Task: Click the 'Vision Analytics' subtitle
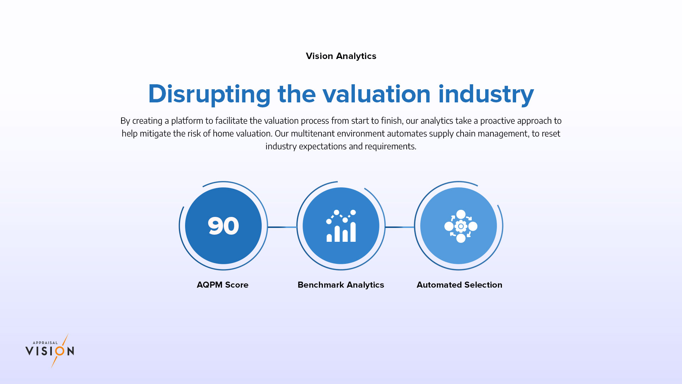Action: [x=341, y=56]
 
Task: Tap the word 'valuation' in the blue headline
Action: [x=377, y=94]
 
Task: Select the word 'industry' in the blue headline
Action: [x=486, y=95]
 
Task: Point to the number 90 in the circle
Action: [x=223, y=226]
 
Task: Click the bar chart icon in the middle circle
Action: [x=341, y=226]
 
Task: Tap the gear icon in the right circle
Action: [x=461, y=226]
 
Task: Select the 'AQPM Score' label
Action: [x=223, y=285]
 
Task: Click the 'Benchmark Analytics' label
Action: [x=341, y=285]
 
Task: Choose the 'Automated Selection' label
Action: [x=459, y=285]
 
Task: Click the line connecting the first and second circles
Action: [x=282, y=227]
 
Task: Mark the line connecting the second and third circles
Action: [x=400, y=227]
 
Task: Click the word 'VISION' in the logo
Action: [x=50, y=351]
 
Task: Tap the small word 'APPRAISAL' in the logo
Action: [x=45, y=343]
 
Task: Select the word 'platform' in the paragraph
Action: [x=187, y=121]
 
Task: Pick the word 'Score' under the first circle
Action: [x=237, y=285]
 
